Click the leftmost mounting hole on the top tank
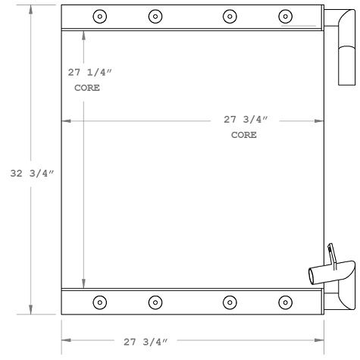tap(99, 16)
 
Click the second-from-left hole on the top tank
tap(155, 16)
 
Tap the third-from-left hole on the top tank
tap(229, 16)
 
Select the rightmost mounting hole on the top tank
tap(285, 16)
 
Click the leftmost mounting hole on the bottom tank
tap(99, 302)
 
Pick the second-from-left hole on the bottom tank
tap(155, 302)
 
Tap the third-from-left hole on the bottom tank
tap(229, 302)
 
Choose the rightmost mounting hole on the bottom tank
tap(285, 302)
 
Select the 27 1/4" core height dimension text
tap(88, 73)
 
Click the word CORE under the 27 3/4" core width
tap(244, 135)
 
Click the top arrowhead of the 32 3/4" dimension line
tap(30, 9)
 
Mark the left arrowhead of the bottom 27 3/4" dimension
tap(65, 342)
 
